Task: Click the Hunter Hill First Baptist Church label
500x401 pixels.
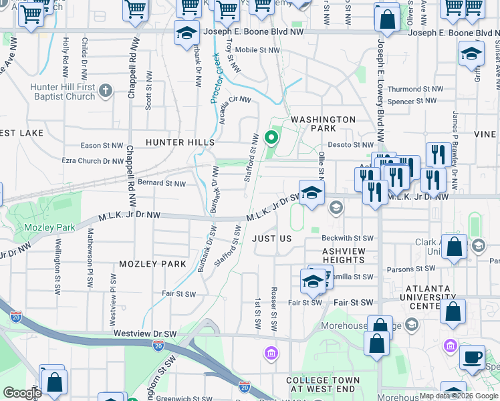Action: click(63, 92)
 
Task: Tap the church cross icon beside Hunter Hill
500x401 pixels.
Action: click(106, 90)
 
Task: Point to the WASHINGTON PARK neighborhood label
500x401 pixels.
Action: click(322, 124)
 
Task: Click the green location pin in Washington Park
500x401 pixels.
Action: click(271, 138)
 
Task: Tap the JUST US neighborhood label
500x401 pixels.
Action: click(272, 239)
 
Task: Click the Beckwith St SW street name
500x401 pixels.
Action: click(347, 238)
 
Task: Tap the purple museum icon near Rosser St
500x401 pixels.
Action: click(271, 352)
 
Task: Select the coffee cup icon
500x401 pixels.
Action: click(473, 357)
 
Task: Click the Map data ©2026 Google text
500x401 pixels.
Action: click(458, 396)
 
